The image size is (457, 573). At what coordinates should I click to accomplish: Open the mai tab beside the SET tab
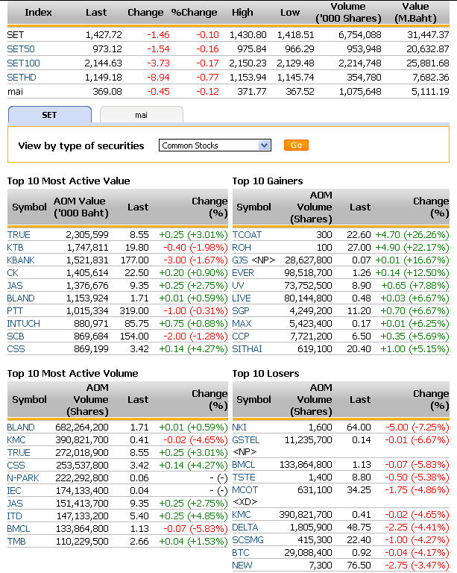tap(141, 115)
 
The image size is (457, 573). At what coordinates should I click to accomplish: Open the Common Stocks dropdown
tap(215, 145)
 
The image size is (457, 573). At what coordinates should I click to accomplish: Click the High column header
tap(242, 12)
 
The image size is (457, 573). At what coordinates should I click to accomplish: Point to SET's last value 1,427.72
tap(104, 34)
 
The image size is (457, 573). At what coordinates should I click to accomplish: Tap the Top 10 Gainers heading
tap(268, 181)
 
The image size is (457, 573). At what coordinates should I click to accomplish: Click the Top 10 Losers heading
tap(265, 373)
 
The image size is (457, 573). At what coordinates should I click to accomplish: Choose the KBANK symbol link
tap(21, 260)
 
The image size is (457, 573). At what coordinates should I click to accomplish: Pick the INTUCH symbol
tap(23, 323)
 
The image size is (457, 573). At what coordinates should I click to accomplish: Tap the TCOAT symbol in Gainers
tap(248, 234)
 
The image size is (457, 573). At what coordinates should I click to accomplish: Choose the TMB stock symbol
tap(16, 541)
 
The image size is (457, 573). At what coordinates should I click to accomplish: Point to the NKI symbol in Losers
tap(239, 427)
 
